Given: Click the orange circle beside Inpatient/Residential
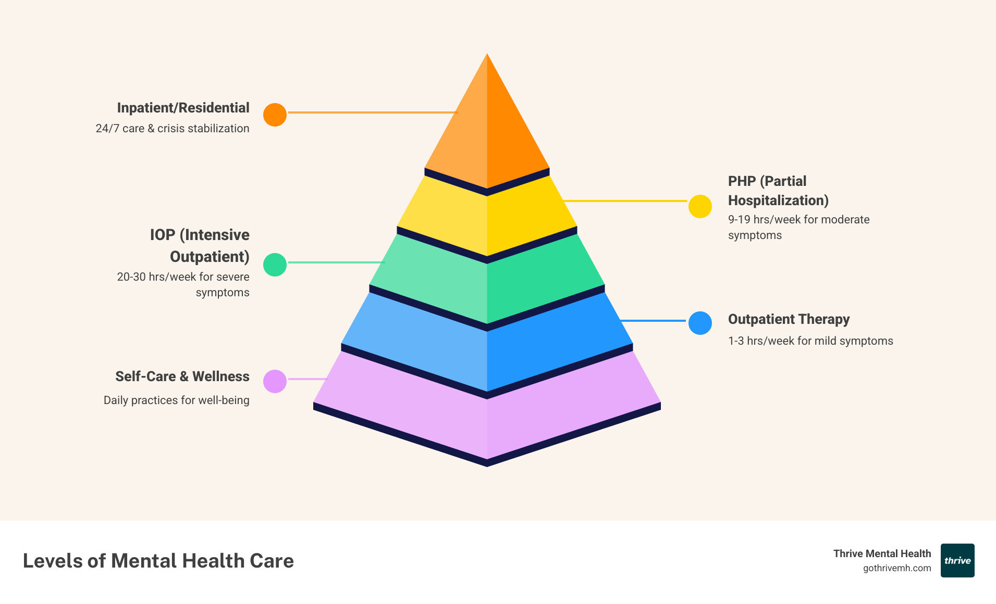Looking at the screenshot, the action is pyautogui.click(x=275, y=115).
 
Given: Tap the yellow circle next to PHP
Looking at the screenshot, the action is pyautogui.click(x=700, y=207).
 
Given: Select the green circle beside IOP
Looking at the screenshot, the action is pyautogui.click(x=275, y=265).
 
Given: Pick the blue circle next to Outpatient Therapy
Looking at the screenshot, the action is pyautogui.click(x=700, y=323).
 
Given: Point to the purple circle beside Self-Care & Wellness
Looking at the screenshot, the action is pyautogui.click(x=275, y=381).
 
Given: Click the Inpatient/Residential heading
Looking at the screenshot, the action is pyautogui.click(x=183, y=108).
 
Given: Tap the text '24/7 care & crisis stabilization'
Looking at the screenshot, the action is pyautogui.click(x=173, y=129).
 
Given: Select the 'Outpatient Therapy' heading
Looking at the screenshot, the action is pyautogui.click(x=789, y=319).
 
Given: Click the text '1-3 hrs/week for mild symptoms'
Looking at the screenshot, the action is pyautogui.click(x=810, y=341).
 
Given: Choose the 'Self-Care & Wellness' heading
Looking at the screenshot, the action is pyautogui.click(x=182, y=376).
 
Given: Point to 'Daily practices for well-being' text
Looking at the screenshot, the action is pyautogui.click(x=176, y=400).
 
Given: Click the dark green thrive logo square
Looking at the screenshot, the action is pyautogui.click(x=957, y=560).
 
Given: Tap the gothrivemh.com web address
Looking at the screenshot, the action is pyautogui.click(x=897, y=568).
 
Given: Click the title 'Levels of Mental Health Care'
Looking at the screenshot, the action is pyautogui.click(x=158, y=561).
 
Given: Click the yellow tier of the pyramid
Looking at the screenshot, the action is pyautogui.click(x=487, y=219).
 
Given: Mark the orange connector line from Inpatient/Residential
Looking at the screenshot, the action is pyautogui.click(x=373, y=112).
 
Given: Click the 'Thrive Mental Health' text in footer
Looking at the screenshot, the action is pyautogui.click(x=882, y=553).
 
